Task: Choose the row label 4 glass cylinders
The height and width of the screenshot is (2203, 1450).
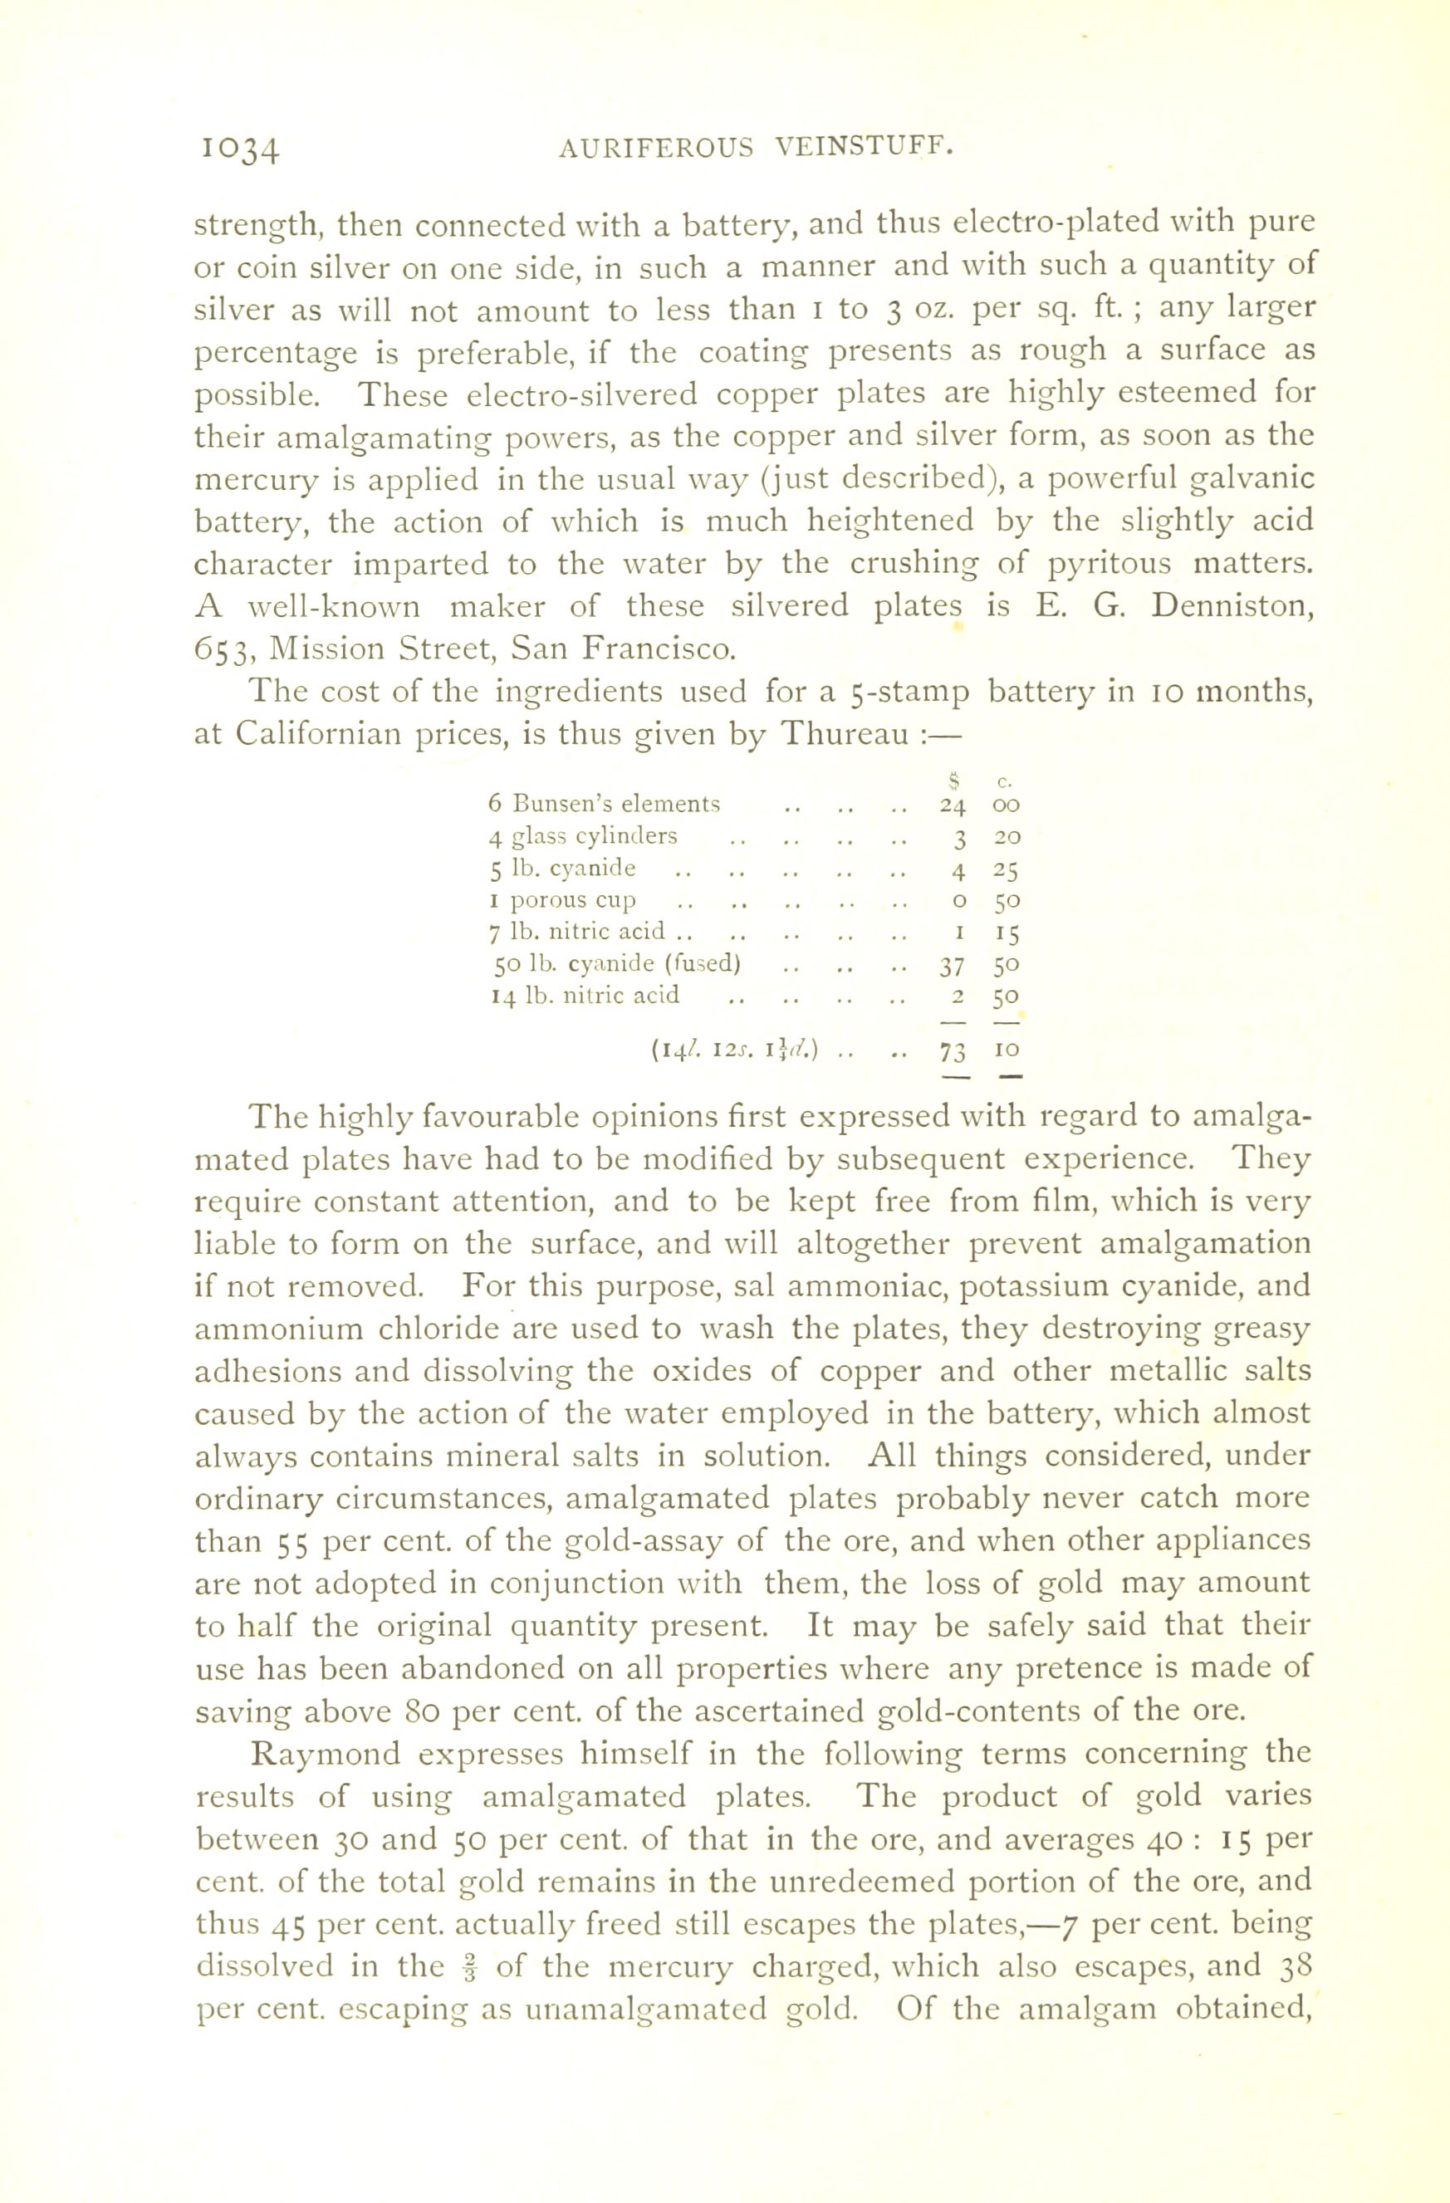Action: point(582,837)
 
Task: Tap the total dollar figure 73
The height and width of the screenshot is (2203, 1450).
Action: point(953,1051)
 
